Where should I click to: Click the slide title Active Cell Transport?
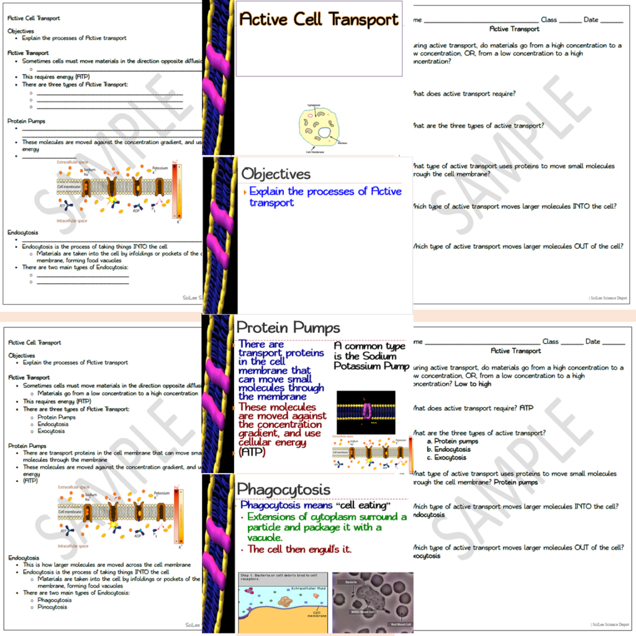[319, 19]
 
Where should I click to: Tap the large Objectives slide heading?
[276, 174]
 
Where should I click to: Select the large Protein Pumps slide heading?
[289, 327]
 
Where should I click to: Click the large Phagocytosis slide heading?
[284, 489]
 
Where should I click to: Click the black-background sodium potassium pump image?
[365, 412]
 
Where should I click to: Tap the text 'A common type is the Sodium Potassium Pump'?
[371, 356]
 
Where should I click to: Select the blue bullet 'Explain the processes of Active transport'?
[325, 197]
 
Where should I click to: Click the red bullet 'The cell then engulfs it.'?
[299, 549]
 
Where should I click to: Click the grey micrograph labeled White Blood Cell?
[373, 602]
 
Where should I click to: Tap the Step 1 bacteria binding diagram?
[283, 602]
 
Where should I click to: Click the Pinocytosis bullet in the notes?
[52, 607]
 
